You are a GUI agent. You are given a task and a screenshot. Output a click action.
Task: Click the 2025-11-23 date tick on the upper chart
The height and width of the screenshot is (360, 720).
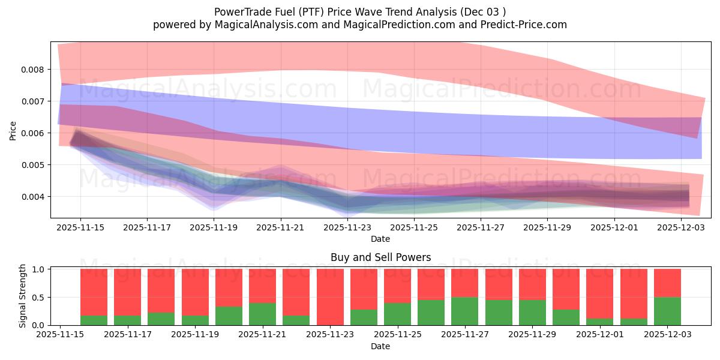pos(347,228)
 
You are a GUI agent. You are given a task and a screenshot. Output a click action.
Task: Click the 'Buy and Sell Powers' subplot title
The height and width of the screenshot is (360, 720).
pos(380,257)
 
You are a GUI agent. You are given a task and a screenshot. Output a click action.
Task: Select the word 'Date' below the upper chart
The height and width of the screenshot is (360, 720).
pos(380,239)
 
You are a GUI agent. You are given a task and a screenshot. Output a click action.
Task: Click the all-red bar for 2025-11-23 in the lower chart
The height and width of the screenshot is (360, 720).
pos(330,297)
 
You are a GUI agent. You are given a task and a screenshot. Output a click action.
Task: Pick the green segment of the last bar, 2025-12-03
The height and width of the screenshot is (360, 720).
pos(667,311)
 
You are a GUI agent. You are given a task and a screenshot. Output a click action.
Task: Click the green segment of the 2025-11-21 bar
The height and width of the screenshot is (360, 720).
pos(262,314)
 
